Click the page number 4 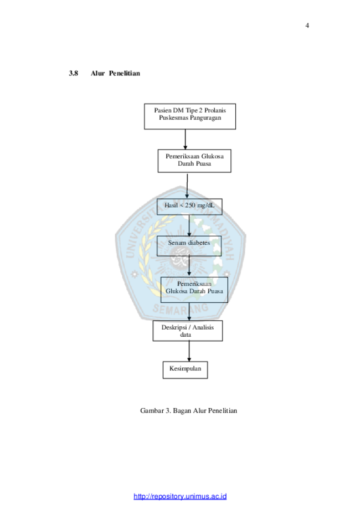(307, 25)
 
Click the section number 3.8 (73, 73)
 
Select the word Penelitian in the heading (124, 73)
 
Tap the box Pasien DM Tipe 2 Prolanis (190, 116)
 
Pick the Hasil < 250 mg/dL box (189, 207)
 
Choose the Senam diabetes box (189, 246)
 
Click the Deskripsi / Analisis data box (188, 331)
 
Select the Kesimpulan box (186, 370)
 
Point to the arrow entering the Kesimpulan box (189, 351)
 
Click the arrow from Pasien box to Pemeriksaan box (186, 140)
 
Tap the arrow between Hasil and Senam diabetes (189, 225)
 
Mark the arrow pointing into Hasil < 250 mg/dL (187, 186)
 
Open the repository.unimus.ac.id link (180, 496)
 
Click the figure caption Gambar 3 (189, 410)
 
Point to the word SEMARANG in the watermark (181, 309)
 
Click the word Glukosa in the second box (212, 156)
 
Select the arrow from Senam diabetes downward (189, 266)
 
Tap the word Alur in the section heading (97, 73)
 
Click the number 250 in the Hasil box (190, 205)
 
